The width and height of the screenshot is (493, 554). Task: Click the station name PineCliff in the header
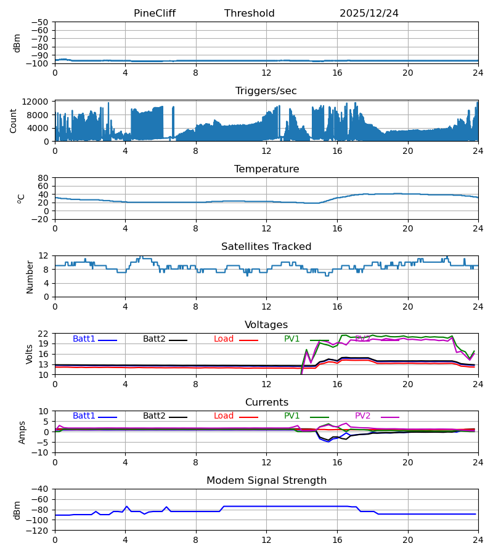click(155, 14)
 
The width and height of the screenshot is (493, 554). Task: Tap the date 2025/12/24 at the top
click(369, 14)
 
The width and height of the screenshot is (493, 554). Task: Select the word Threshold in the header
click(250, 14)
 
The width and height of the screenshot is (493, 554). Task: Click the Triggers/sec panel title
click(266, 91)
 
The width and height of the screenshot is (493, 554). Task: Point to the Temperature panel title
click(266, 169)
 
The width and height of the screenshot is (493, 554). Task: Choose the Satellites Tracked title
click(266, 247)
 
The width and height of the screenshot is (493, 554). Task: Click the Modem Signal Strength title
click(266, 481)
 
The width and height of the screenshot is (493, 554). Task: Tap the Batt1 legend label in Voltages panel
click(84, 339)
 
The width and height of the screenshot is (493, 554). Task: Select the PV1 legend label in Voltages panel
click(292, 339)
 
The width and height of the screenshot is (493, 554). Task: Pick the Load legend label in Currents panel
click(224, 416)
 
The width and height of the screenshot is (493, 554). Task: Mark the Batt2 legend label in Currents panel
click(154, 416)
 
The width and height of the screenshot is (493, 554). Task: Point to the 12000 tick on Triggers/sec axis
click(38, 102)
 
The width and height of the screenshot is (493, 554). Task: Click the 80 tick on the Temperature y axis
click(43, 178)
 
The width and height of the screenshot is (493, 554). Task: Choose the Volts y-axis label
click(30, 354)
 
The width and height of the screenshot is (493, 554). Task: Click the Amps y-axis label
click(22, 432)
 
